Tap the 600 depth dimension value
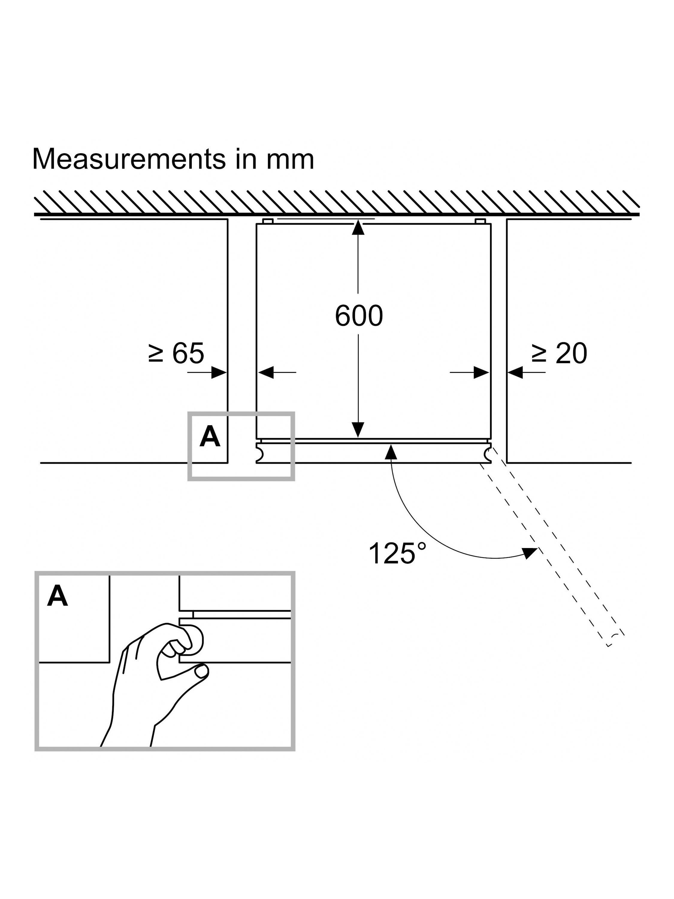(x=359, y=316)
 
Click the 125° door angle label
(x=397, y=553)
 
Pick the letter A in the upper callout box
(x=210, y=437)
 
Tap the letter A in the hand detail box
(x=57, y=596)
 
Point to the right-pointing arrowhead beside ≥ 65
(x=219, y=372)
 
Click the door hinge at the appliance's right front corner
(x=487, y=453)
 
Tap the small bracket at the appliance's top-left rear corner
(x=267, y=221)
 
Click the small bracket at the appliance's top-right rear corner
(x=480, y=221)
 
